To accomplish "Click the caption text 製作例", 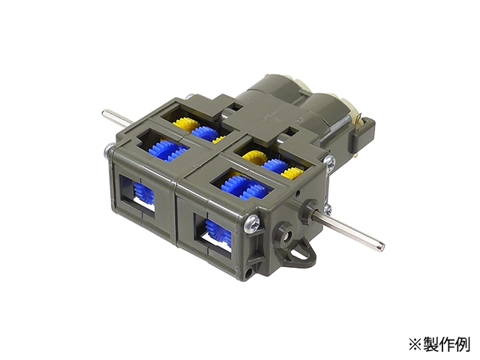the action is click(445, 345).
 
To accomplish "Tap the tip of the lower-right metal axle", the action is click(382, 244).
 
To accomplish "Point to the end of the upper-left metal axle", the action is click(104, 113).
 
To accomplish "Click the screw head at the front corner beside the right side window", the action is click(253, 224).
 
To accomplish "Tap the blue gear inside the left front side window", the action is click(143, 193).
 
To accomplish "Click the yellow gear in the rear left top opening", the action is click(185, 124).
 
